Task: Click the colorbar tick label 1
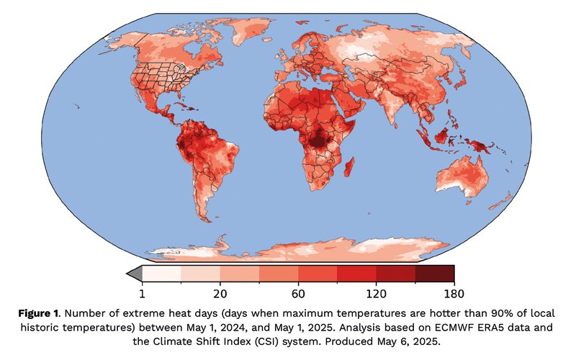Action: pyautogui.click(x=142, y=293)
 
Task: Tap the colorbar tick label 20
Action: pyautogui.click(x=220, y=293)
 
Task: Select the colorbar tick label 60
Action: pyautogui.click(x=298, y=293)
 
